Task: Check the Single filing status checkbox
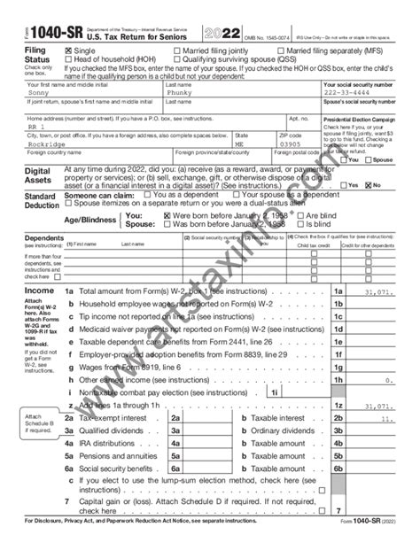(x=70, y=51)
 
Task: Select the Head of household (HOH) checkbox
(x=70, y=59)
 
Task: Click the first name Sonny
(x=39, y=91)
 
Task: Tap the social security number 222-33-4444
(x=347, y=91)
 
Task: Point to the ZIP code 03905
(x=277, y=142)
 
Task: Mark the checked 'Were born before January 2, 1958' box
(x=167, y=215)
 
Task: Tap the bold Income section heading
(x=39, y=290)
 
